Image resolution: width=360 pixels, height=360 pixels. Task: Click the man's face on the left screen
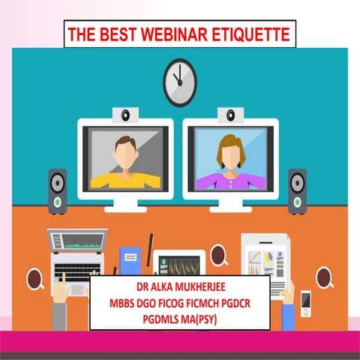tap(125, 149)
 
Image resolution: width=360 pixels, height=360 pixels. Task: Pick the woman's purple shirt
tap(229, 178)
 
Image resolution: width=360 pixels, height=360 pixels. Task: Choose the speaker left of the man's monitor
tap(57, 191)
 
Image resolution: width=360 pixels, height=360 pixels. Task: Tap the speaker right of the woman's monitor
tap(297, 190)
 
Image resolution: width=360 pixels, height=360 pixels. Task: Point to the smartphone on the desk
tap(306, 301)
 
